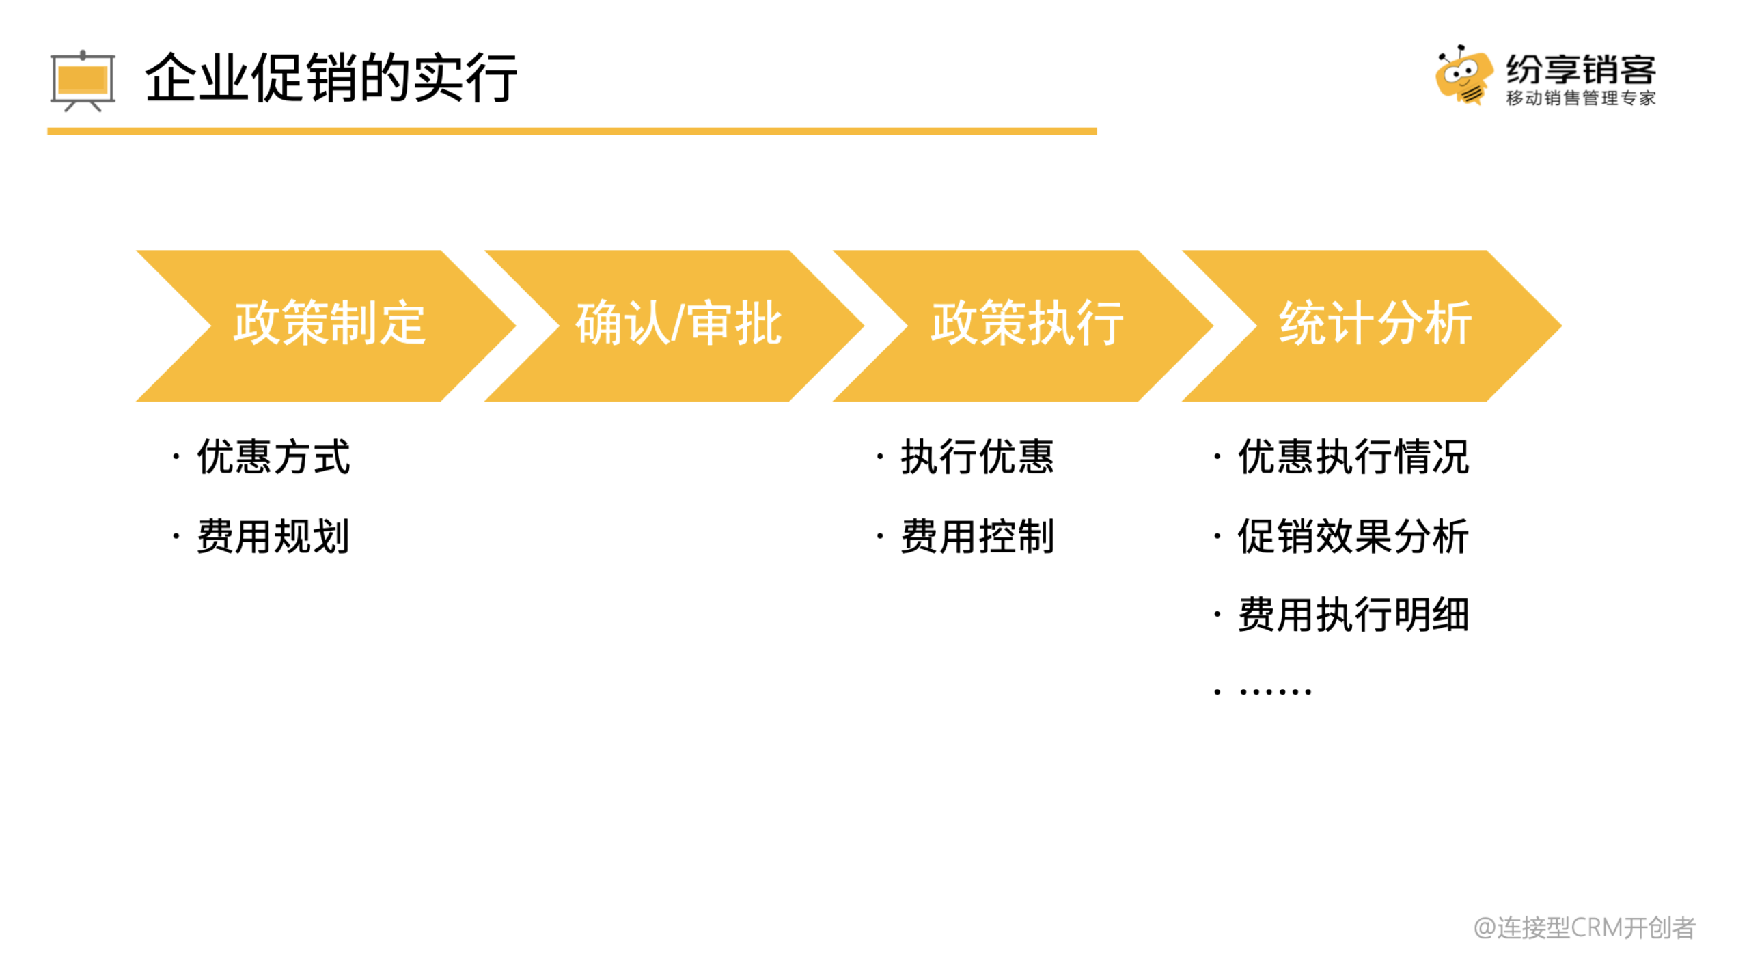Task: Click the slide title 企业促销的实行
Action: (x=331, y=78)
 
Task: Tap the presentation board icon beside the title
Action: (x=83, y=81)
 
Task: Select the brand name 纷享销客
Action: (x=1580, y=69)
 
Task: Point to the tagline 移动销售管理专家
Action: (x=1580, y=98)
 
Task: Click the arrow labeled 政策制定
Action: (x=326, y=325)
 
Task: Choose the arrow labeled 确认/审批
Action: (x=674, y=325)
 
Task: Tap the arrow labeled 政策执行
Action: (x=1023, y=325)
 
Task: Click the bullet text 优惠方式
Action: (x=273, y=456)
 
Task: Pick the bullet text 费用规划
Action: (x=273, y=536)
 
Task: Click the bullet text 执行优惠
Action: (x=977, y=456)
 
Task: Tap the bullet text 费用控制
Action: (x=977, y=536)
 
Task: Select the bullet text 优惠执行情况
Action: (x=1353, y=456)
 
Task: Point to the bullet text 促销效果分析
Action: (x=1353, y=536)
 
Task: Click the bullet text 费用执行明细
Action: (x=1353, y=615)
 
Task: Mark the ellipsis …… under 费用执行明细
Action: (x=1275, y=692)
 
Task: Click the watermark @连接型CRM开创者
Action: (x=1584, y=927)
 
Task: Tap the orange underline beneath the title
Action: (x=572, y=130)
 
